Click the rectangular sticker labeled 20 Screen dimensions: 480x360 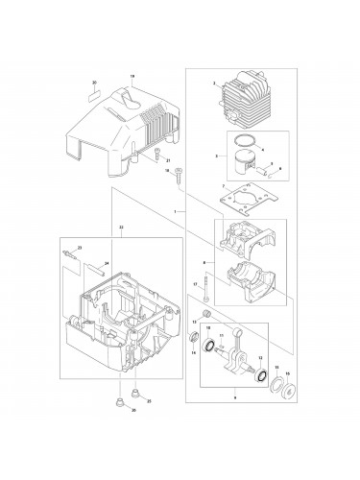pyautogui.click(x=95, y=94)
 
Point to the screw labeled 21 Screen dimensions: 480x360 pyautogui.click(x=156, y=153)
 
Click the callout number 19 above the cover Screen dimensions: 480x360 pyautogui.click(x=132, y=75)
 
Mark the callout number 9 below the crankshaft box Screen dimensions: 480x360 pyautogui.click(x=235, y=422)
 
